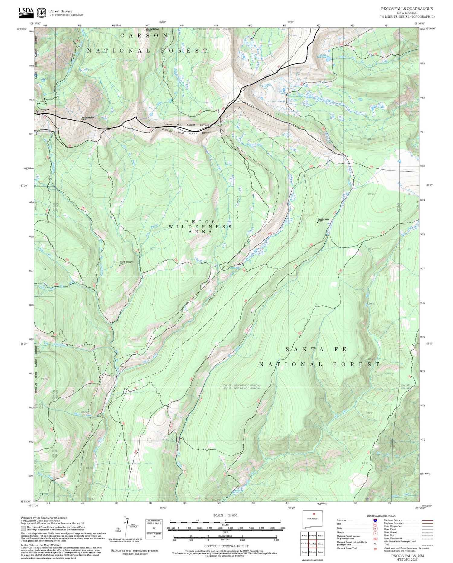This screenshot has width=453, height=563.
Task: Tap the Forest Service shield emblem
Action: [41, 13]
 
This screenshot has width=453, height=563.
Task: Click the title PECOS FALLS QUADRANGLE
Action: [407, 9]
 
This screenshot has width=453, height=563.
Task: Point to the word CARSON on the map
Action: [144, 35]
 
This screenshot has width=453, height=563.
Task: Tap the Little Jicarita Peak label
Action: [153, 30]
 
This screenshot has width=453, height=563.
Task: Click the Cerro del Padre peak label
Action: [126, 262]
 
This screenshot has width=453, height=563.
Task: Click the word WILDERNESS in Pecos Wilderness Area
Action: [200, 226]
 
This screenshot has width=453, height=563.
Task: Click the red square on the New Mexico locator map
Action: [314, 514]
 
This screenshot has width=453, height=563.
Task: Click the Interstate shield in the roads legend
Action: [375, 520]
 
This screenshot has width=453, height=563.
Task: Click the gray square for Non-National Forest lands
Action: [23, 529]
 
